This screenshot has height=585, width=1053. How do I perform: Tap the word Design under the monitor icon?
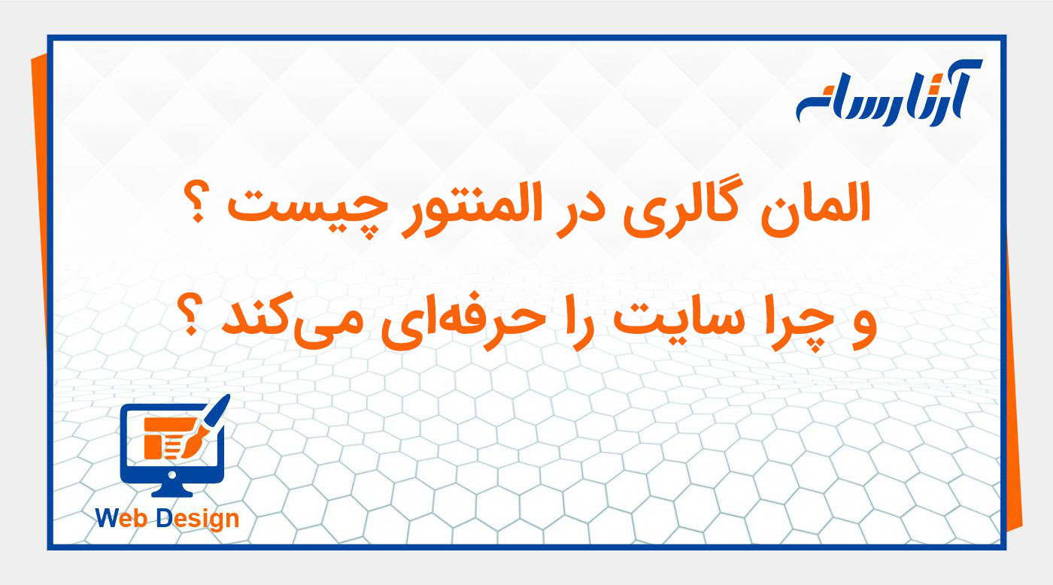click(x=199, y=519)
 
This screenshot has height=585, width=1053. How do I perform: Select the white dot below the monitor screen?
click(x=171, y=475)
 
